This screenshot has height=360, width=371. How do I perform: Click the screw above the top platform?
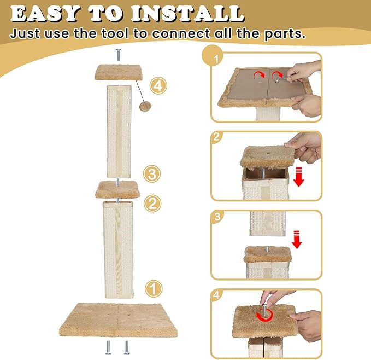(x=118, y=56)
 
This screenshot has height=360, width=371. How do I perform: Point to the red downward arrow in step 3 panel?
(x=297, y=239)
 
